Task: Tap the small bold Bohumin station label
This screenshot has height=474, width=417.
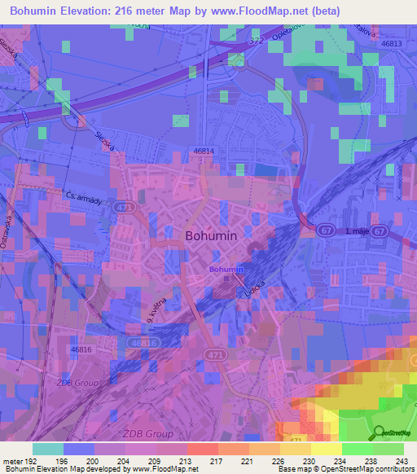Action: click(226, 269)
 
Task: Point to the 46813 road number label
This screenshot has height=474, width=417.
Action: click(392, 43)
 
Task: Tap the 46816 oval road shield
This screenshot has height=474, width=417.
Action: click(143, 344)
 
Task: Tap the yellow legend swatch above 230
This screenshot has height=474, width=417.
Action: click(295, 449)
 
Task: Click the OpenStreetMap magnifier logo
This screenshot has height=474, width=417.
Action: click(380, 432)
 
